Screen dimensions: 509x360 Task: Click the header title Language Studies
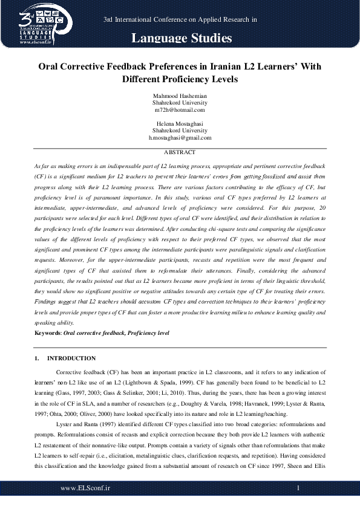point(182,39)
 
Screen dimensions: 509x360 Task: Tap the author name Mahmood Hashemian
point(180,96)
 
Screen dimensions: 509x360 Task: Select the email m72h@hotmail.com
point(180,110)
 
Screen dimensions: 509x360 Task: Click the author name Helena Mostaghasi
point(180,123)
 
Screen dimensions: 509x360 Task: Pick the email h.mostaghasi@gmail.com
point(180,137)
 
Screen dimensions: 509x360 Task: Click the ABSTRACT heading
point(180,152)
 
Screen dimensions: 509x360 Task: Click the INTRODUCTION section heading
point(71,358)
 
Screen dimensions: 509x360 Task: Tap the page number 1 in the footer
point(298,487)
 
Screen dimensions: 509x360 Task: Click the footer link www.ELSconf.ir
point(85,487)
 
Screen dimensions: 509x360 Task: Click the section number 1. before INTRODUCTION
point(37,358)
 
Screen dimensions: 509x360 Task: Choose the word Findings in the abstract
point(47,300)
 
